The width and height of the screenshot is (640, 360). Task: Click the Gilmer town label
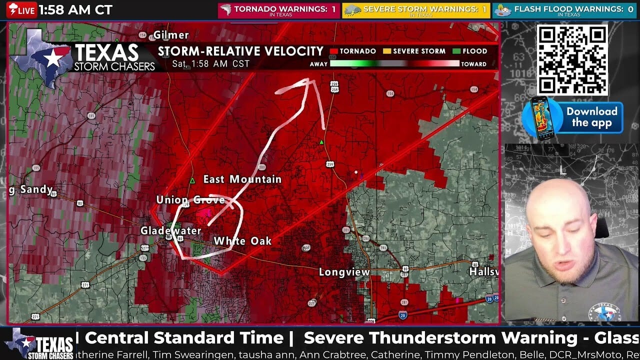coord(171,35)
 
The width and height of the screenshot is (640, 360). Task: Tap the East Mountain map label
coord(242,179)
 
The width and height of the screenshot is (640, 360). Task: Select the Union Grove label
coord(190,200)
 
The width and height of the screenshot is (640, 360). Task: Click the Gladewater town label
coord(170,231)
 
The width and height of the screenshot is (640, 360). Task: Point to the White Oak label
coord(242,241)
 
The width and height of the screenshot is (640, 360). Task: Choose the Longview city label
coord(344,272)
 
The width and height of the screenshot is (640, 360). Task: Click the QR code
coord(572,60)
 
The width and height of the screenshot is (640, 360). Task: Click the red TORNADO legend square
coord(334,51)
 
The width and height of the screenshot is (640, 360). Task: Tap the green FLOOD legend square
coord(456,51)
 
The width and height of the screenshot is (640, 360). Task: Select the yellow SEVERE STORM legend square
coord(386,51)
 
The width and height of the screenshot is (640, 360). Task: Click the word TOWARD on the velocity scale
coord(473,64)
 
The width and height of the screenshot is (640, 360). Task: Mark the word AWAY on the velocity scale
coord(318,64)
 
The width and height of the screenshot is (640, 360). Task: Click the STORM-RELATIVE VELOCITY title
coord(240,51)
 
